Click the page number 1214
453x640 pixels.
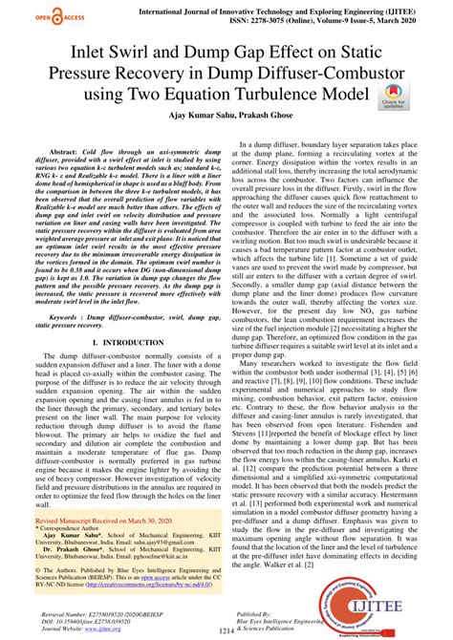[x=226, y=630]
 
